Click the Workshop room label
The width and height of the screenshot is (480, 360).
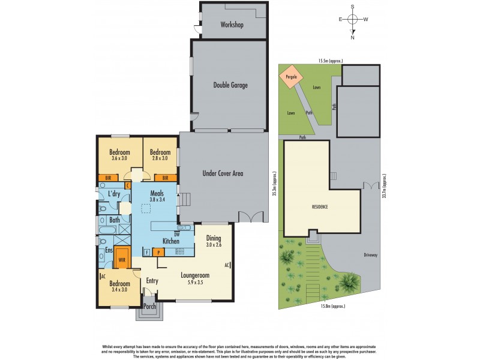click(x=231, y=25)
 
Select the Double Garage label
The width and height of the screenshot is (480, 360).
click(x=230, y=85)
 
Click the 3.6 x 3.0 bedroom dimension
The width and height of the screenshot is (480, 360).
click(x=119, y=158)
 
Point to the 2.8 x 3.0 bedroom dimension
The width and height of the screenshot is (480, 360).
click(x=160, y=158)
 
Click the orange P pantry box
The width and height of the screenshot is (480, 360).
click(x=158, y=252)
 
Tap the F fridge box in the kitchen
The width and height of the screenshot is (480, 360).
click(x=146, y=252)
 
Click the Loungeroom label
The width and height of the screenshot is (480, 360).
click(x=196, y=276)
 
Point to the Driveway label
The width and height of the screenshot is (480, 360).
click(x=370, y=255)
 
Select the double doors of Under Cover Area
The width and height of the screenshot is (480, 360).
click(x=250, y=217)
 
